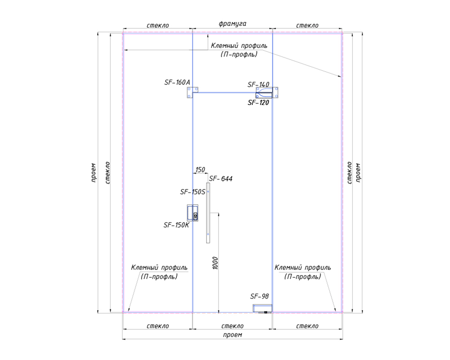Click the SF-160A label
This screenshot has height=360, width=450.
coord(177,82)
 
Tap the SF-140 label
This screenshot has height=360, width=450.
coord(258,85)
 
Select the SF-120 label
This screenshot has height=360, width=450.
coord(258,103)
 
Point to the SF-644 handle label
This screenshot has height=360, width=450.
coord(220,178)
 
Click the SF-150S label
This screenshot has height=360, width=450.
coord(193,192)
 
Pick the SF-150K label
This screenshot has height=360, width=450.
coord(176,225)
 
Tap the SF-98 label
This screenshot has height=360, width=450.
coord(259,296)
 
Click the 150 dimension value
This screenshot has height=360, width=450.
coord(200,169)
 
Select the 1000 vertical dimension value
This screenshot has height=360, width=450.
coord(215,263)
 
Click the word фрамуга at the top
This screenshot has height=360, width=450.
coord(232,24)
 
